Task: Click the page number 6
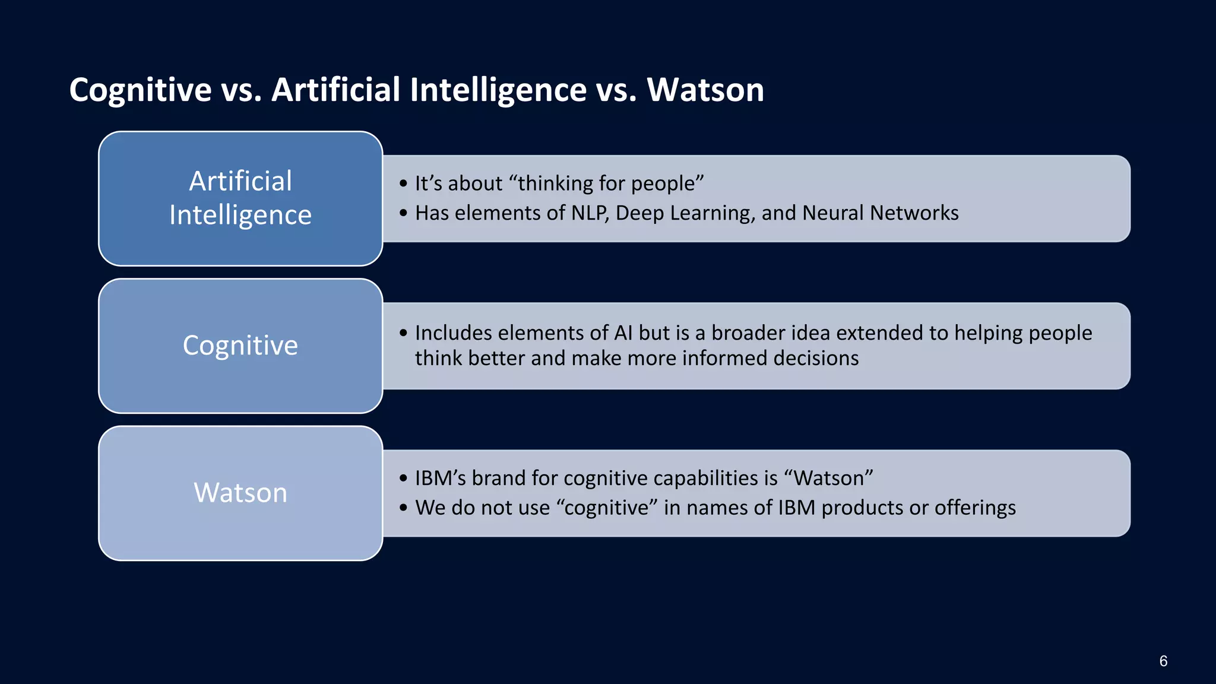tap(1163, 661)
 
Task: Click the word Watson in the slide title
tap(705, 90)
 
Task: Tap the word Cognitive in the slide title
tap(140, 90)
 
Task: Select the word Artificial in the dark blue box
tap(240, 181)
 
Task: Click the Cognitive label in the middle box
tap(240, 346)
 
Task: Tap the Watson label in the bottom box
tap(240, 493)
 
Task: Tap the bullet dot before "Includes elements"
tap(404, 333)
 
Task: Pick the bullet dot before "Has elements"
tap(404, 213)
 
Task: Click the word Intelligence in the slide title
tap(498, 90)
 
